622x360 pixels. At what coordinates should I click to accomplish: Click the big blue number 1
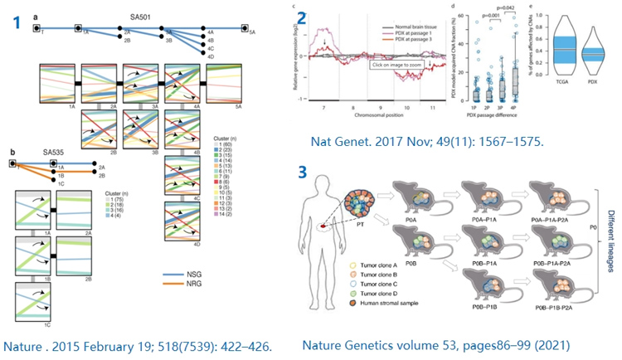(x=15, y=22)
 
